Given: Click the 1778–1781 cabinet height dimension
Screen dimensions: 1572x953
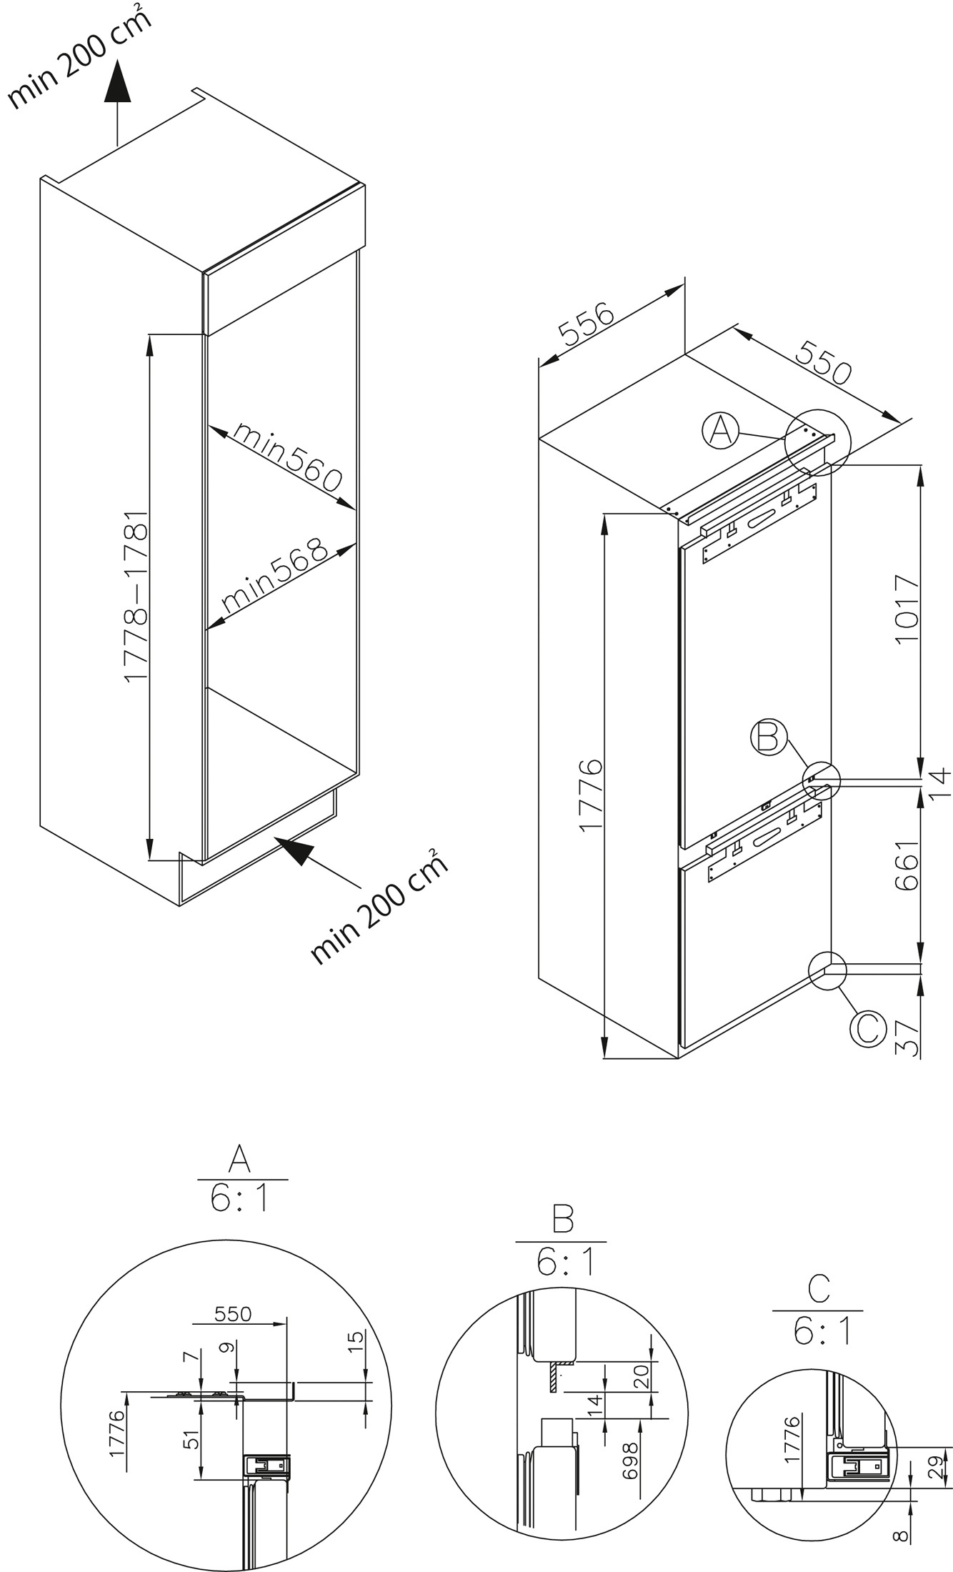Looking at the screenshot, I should point(136,596).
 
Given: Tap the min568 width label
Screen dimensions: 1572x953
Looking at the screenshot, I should point(274,574).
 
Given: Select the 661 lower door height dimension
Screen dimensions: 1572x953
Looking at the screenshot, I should point(906,865).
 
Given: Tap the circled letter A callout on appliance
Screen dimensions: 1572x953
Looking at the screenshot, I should point(721,431).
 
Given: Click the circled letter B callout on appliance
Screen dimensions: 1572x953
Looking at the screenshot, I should point(769,737).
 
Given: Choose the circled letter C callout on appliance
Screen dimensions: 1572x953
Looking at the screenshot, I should point(867,1029).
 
